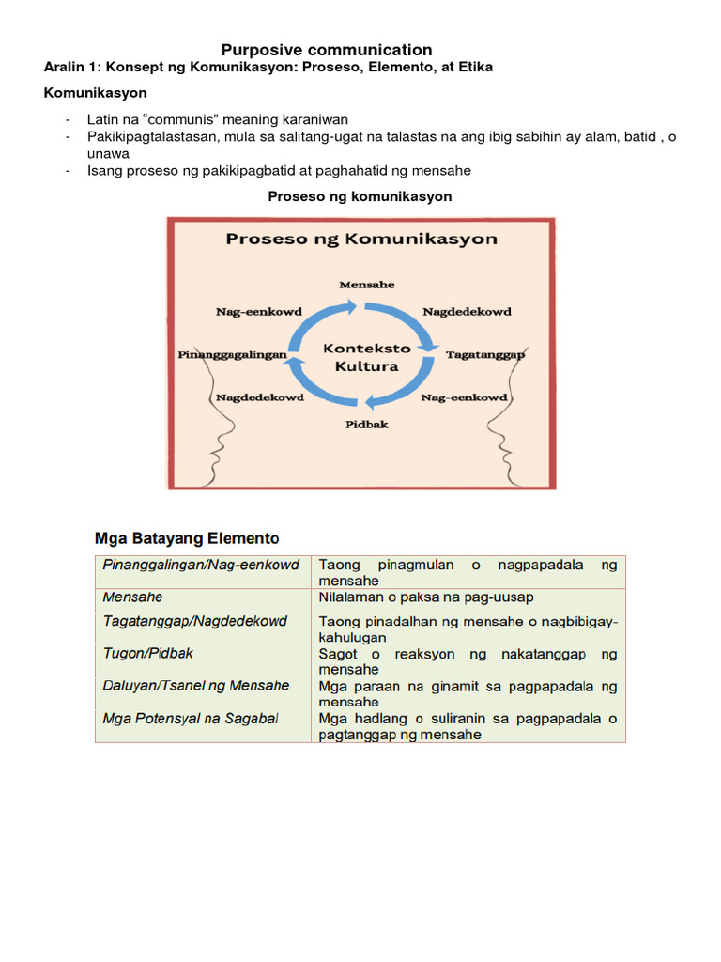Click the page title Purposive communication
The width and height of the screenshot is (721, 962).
(x=327, y=50)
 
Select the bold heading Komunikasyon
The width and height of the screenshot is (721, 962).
(x=96, y=94)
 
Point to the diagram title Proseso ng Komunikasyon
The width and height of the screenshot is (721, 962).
(x=361, y=239)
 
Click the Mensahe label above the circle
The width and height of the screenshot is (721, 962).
(x=366, y=284)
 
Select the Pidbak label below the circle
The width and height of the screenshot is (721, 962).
(x=366, y=424)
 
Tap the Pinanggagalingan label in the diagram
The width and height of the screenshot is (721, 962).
(x=232, y=355)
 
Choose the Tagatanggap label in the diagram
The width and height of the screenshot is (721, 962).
(x=484, y=355)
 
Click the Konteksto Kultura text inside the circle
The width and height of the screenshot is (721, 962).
(x=360, y=357)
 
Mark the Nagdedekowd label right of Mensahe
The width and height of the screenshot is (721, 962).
(x=467, y=311)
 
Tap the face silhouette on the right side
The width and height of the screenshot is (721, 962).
(x=512, y=432)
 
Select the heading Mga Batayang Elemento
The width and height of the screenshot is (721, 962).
(x=188, y=538)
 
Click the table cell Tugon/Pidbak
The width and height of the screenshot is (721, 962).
(x=148, y=653)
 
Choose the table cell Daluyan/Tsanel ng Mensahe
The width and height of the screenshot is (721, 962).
(x=196, y=686)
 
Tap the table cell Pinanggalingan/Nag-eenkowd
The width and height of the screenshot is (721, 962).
(x=201, y=565)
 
